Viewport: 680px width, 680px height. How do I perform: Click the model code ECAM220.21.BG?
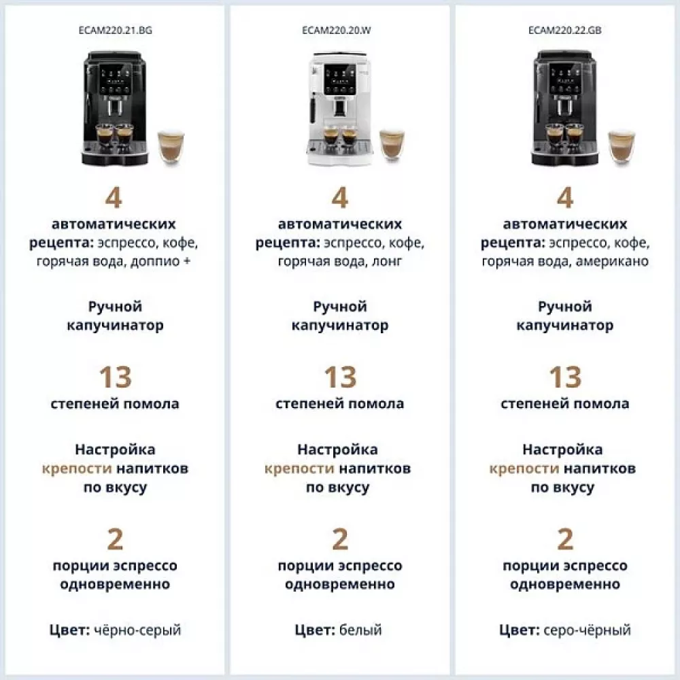[115, 31]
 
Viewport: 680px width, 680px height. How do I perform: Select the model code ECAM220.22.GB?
[564, 31]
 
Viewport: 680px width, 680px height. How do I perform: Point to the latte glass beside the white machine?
[391, 145]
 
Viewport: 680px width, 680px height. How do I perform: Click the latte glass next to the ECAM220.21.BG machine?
[170, 146]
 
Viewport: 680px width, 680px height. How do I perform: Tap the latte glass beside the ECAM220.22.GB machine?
[620, 146]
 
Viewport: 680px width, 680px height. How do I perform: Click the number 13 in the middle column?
[339, 377]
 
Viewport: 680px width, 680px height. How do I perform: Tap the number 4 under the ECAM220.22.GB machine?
[564, 198]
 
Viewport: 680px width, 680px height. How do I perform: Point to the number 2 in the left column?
[115, 539]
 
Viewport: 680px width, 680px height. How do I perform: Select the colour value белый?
[360, 630]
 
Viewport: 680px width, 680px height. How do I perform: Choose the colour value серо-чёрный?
[587, 630]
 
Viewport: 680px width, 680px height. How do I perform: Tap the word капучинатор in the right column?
[564, 326]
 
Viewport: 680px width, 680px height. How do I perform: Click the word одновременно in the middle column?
[339, 585]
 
